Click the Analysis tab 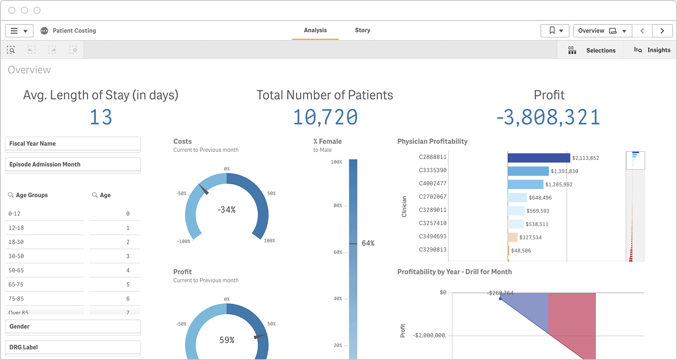click(315, 30)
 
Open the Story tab click(362, 30)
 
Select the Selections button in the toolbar click(592, 50)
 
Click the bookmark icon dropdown click(556, 31)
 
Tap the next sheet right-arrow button click(662, 31)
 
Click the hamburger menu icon click(14, 31)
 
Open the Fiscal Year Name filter click(73, 144)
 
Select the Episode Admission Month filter click(73, 165)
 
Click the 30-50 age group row click(45, 256)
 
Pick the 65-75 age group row click(45, 285)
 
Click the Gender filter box click(73, 327)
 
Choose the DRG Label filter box click(73, 347)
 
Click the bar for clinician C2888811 click(538, 158)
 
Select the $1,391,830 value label click(564, 171)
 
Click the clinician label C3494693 click(432, 236)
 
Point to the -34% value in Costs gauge click(227, 210)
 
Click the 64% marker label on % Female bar click(368, 243)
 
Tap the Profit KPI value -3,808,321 click(548, 117)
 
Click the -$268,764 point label click(500, 293)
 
